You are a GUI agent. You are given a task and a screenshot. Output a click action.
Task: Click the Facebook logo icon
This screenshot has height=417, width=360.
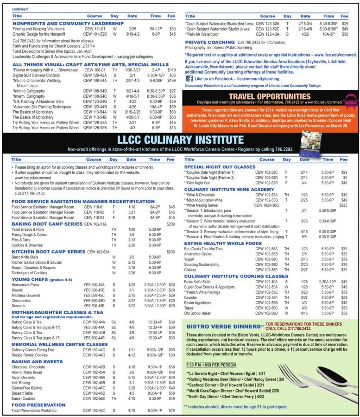[x=189, y=79]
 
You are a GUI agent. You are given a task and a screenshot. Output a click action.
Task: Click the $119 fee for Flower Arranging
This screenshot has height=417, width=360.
[x=171, y=69]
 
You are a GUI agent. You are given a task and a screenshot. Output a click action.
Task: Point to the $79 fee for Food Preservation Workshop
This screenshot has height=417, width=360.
[x=172, y=411]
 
